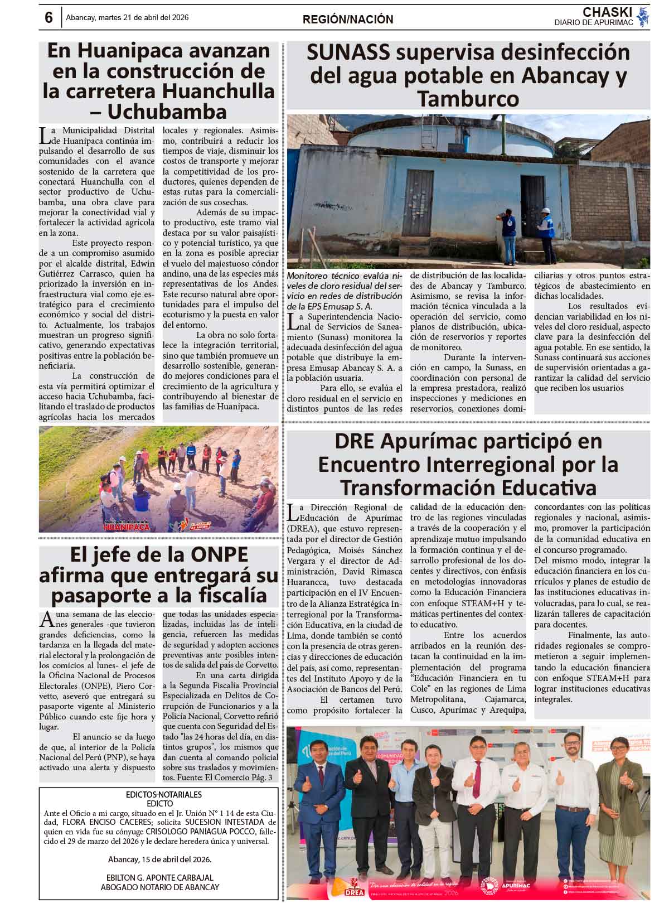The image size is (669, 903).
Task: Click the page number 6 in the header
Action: pyautogui.click(x=49, y=18)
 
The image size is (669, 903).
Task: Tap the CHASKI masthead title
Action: pyautogui.click(x=607, y=12)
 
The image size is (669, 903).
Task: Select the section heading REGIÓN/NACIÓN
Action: pyautogui.click(x=348, y=20)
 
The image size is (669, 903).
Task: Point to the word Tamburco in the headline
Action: pyautogui.click(x=468, y=99)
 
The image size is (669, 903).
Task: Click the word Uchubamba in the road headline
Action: pyautogui.click(x=167, y=112)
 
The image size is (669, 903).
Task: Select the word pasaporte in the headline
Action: pyautogui.click(x=101, y=595)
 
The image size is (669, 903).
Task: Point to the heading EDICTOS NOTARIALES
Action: pyautogui.click(x=163, y=795)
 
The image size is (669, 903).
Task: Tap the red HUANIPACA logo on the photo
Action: pyautogui.click(x=127, y=526)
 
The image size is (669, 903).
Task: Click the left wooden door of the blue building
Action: pyautogui.click(x=418, y=203)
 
